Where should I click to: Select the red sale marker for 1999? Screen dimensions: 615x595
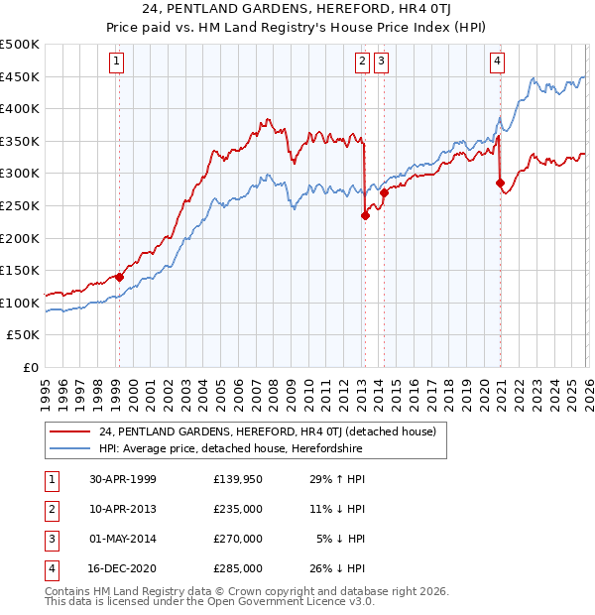click(119, 278)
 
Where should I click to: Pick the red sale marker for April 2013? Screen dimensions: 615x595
click(365, 216)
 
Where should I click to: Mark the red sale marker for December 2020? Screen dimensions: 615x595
click(500, 183)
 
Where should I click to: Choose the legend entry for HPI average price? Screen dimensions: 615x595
click(230, 449)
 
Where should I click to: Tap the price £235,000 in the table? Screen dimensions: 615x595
click(237, 509)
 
